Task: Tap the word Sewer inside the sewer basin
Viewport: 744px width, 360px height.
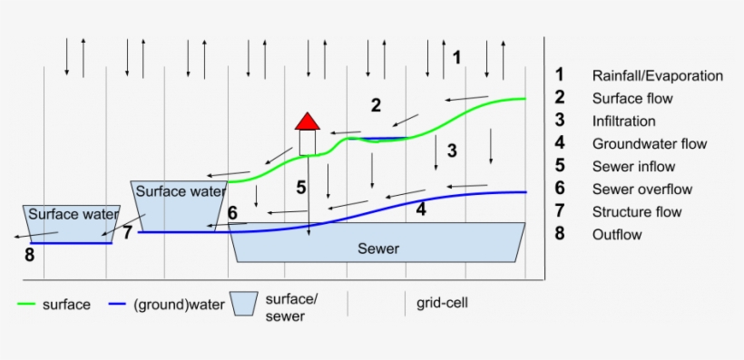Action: (x=378, y=248)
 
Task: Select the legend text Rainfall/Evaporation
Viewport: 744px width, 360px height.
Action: (x=657, y=75)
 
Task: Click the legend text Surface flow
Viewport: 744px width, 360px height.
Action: (x=632, y=98)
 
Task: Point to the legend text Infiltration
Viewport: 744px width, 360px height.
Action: (x=623, y=121)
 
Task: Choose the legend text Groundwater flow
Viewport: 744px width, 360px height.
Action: (x=649, y=143)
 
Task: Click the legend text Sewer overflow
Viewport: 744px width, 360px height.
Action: (x=641, y=189)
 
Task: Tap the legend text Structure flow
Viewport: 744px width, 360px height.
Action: (x=637, y=211)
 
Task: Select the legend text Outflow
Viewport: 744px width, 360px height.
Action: (x=617, y=234)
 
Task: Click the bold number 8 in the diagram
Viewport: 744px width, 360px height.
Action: (x=29, y=256)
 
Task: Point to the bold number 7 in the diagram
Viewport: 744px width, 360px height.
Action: (x=127, y=232)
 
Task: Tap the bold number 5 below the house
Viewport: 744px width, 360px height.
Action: (x=301, y=189)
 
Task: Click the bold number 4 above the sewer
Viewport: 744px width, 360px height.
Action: (x=420, y=209)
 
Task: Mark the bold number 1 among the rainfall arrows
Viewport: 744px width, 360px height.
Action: (x=457, y=57)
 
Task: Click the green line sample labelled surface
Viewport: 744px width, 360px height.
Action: (x=26, y=305)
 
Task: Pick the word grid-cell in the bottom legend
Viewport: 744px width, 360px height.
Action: (x=442, y=303)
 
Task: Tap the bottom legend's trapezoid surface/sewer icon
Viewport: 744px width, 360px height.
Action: (x=242, y=304)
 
